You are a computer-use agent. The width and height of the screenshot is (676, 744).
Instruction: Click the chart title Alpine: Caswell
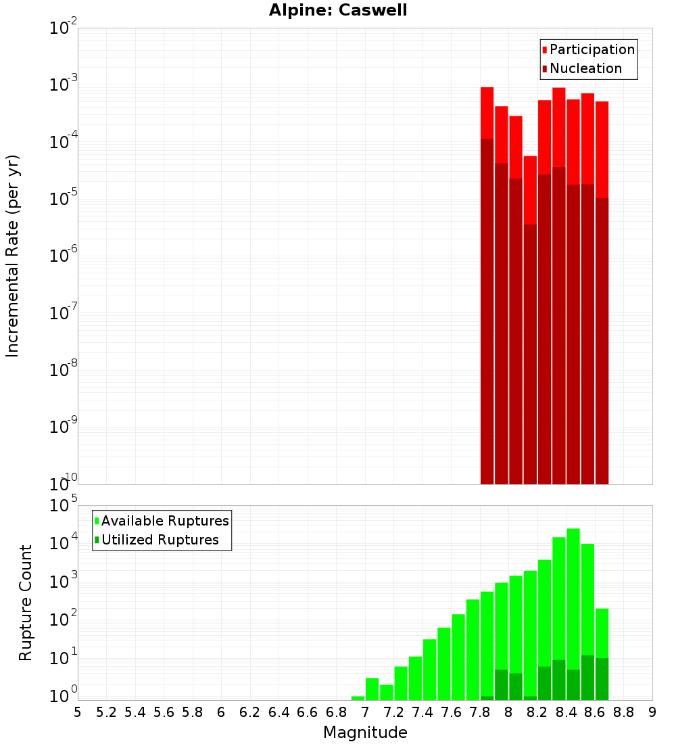(338, 11)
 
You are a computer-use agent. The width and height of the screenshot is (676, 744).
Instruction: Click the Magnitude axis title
(365, 733)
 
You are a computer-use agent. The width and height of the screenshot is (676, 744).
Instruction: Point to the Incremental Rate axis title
(13, 256)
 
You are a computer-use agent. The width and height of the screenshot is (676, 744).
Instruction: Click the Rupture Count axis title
(26, 602)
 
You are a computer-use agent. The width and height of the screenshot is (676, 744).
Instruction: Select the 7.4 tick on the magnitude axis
(422, 712)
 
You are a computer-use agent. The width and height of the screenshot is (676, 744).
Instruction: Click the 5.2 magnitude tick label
(106, 712)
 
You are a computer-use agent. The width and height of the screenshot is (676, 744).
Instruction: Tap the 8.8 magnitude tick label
(624, 712)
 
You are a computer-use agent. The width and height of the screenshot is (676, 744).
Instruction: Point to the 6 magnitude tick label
(221, 712)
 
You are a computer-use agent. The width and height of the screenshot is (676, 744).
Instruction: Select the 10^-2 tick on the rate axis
(63, 28)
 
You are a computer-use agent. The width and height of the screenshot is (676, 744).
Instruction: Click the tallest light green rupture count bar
(573, 609)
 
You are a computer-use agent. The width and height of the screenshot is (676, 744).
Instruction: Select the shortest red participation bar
(530, 189)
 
